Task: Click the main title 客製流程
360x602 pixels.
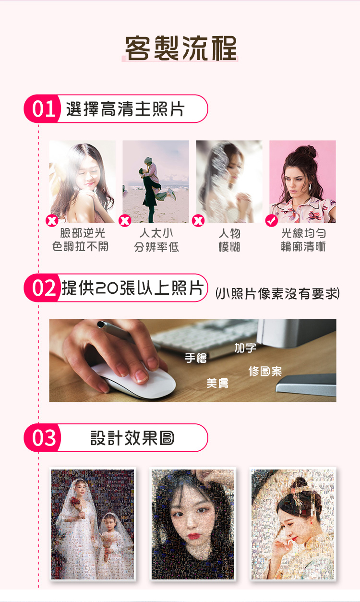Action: point(181,48)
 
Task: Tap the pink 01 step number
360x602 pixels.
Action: point(44,109)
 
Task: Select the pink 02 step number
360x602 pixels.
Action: point(44,288)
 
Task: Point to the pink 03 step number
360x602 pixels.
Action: point(44,438)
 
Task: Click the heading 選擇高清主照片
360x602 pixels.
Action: point(125,109)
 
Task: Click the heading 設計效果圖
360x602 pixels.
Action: point(132,438)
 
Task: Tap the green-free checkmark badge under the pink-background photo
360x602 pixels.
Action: point(272,221)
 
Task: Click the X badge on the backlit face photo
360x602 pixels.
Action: point(52,221)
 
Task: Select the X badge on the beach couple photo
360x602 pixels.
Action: point(125,221)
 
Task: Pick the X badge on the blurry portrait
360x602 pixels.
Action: point(198,221)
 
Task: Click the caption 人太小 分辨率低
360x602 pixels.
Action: point(156,240)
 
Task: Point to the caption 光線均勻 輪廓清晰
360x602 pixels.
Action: point(303,240)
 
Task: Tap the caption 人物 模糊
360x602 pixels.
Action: point(229,240)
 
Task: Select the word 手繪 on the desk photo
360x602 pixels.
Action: point(196,358)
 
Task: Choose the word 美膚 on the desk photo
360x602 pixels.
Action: point(217,383)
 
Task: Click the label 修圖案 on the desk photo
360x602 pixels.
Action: point(265,371)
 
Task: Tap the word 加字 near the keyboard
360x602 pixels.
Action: point(245,348)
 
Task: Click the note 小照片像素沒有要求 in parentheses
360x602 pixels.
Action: point(277,293)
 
